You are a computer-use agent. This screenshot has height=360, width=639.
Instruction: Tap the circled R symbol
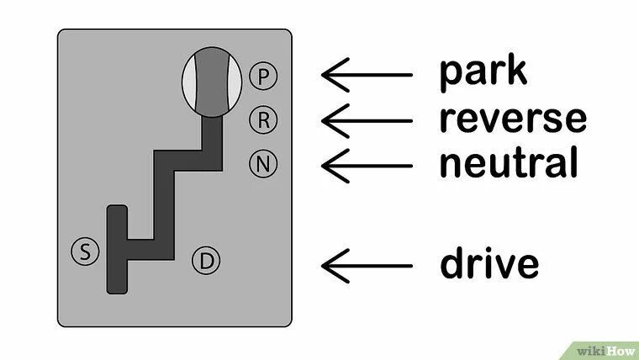[263, 120]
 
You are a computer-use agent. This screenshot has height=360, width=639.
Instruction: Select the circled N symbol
[263, 163]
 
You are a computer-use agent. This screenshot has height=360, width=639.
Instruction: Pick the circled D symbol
[206, 262]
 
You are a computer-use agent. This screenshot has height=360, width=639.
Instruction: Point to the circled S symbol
[84, 250]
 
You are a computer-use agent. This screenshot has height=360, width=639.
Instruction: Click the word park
[483, 72]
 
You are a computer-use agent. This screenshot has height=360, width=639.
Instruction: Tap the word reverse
[511, 119]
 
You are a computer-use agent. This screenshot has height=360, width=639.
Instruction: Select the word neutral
[508, 162]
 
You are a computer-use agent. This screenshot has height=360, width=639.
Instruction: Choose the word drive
[488, 263]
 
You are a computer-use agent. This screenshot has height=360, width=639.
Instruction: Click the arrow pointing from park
[366, 74]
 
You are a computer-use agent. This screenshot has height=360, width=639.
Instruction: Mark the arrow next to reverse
[366, 119]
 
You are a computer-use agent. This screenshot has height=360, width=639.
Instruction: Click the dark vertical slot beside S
[117, 250]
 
